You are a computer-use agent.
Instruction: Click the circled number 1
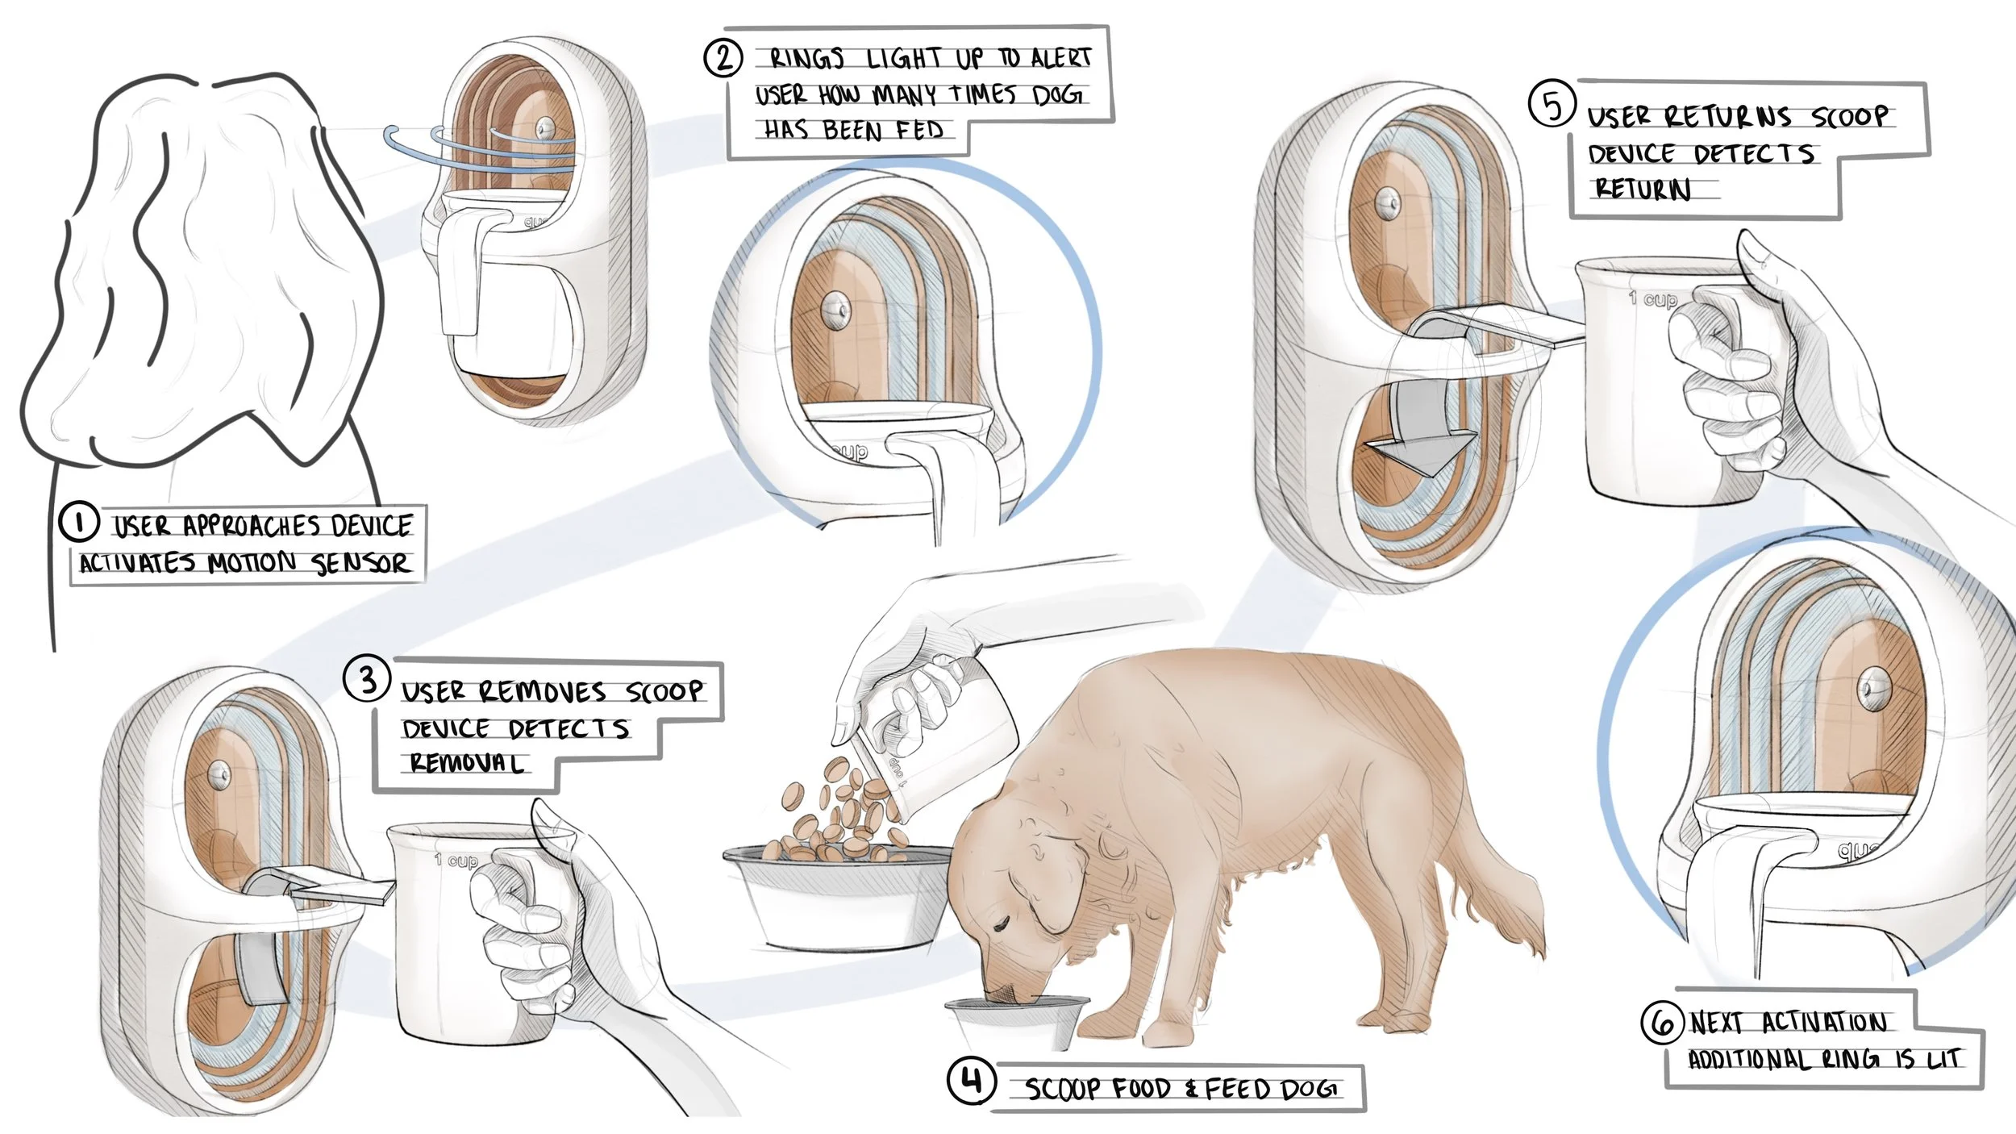pyautogui.click(x=78, y=523)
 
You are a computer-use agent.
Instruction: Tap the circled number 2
pyautogui.click(x=723, y=58)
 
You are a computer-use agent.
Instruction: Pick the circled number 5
pyautogui.click(x=1552, y=106)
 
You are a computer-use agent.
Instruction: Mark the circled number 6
pyautogui.click(x=1663, y=1022)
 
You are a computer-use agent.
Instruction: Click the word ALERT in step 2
pyautogui.click(x=1060, y=57)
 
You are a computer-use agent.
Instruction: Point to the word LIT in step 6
pyautogui.click(x=1943, y=1058)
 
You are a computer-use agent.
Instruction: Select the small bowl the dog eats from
pyautogui.click(x=1016, y=1023)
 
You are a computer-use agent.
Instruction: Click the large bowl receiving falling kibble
pyautogui.click(x=839, y=895)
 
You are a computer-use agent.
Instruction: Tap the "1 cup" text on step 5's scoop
pyautogui.click(x=1653, y=300)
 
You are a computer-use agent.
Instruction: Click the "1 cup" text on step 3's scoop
pyautogui.click(x=456, y=861)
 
